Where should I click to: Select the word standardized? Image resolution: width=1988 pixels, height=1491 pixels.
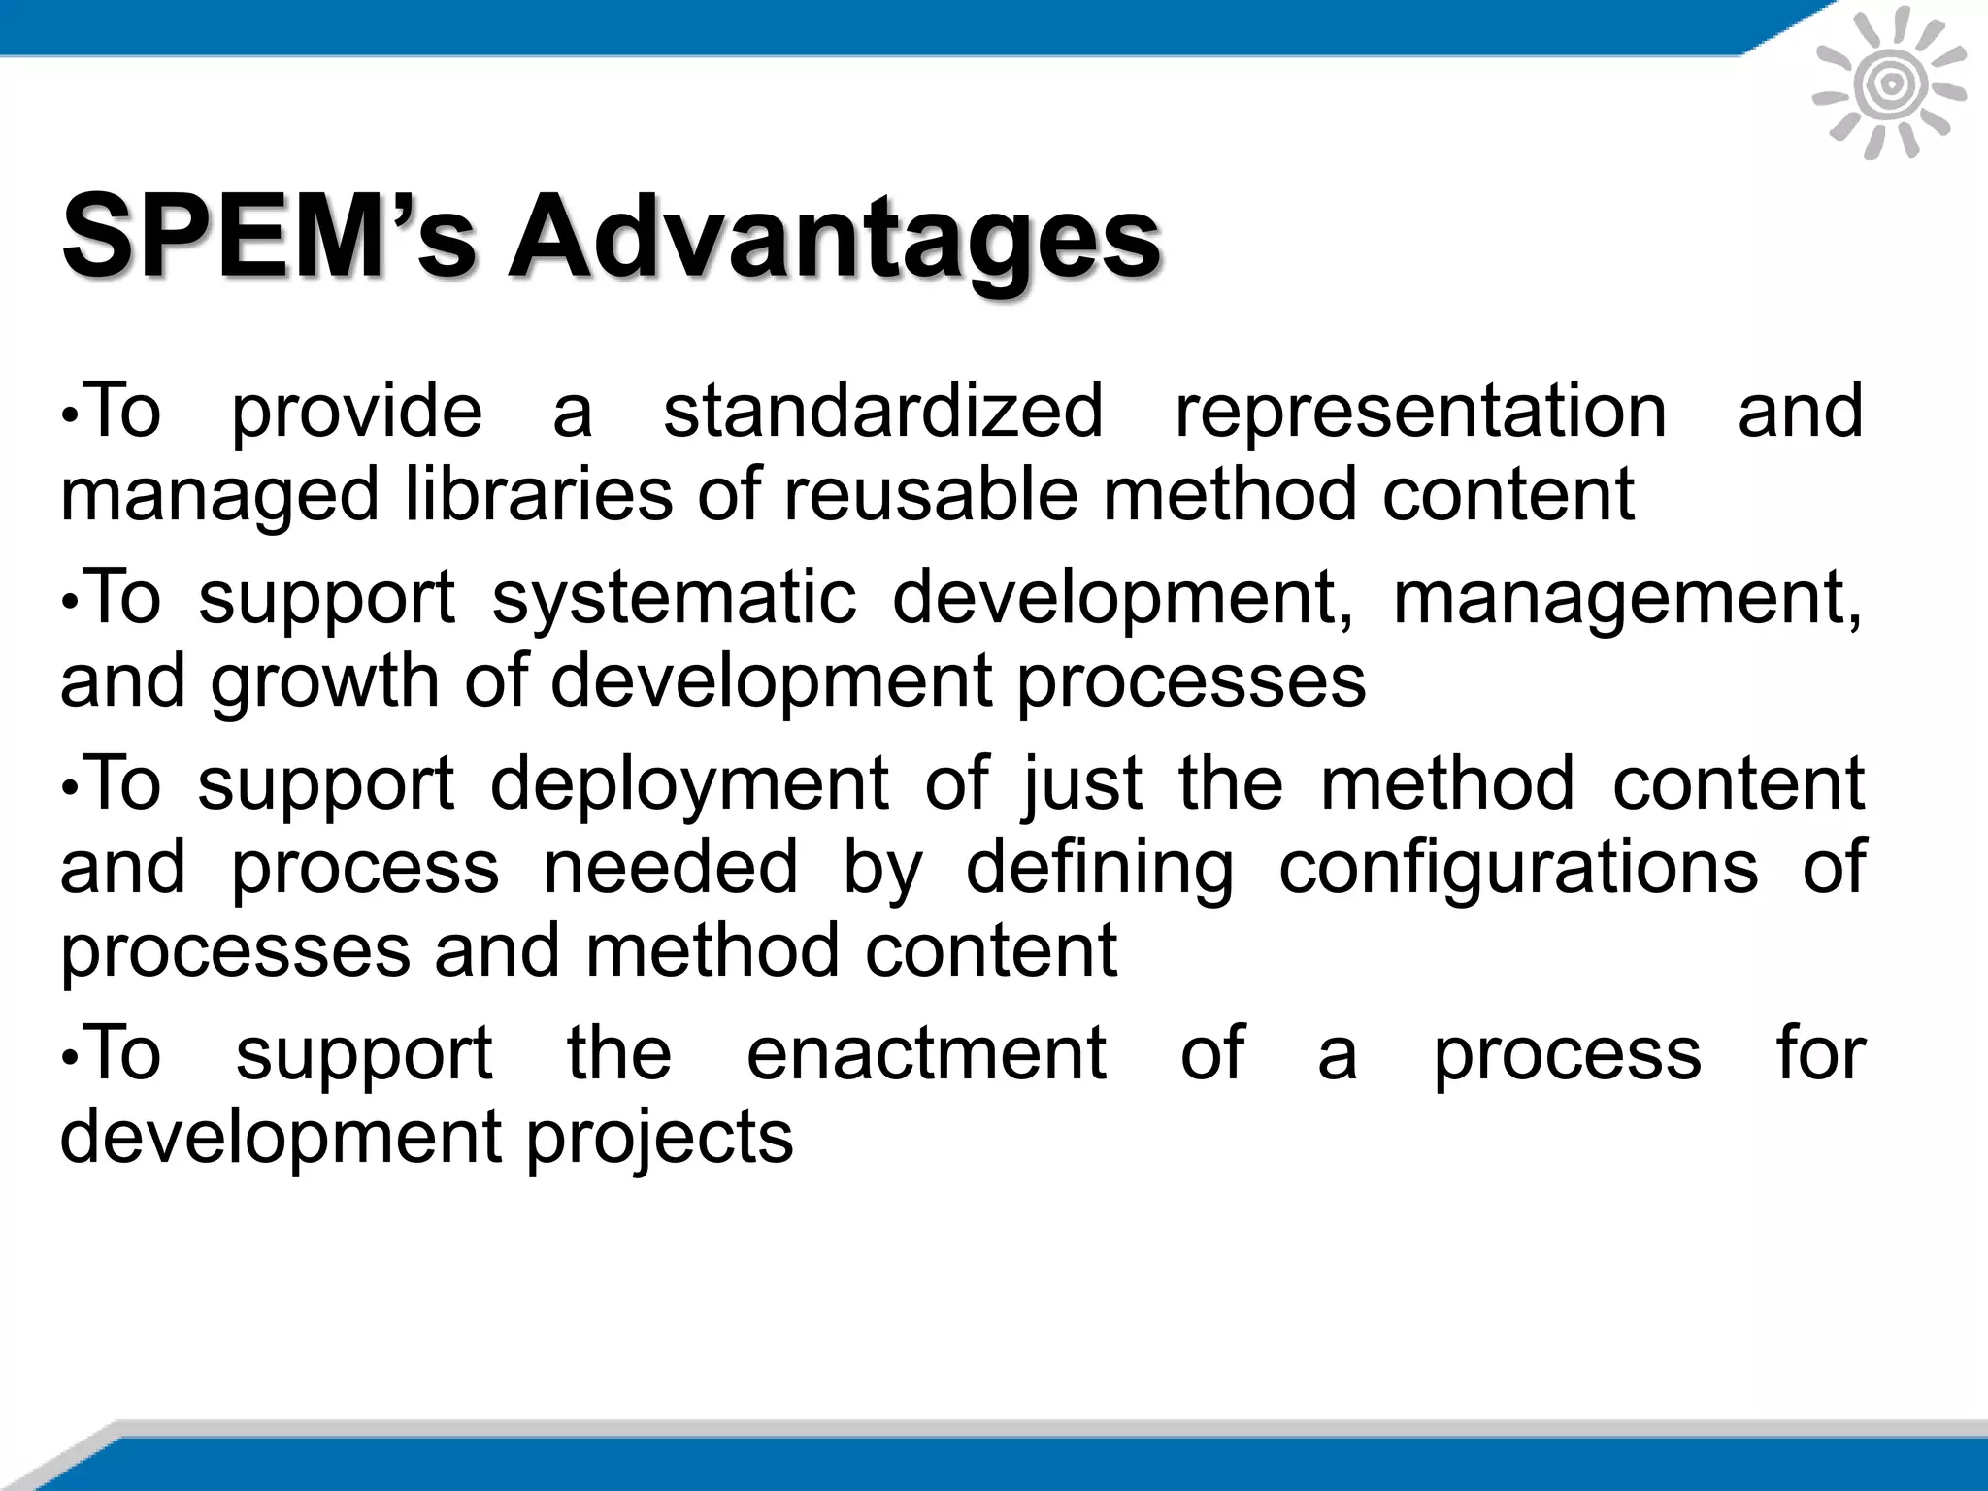pyautogui.click(x=883, y=411)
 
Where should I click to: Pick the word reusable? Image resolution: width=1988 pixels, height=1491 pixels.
pyautogui.click(x=932, y=494)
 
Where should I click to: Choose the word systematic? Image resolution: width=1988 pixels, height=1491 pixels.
pyautogui.click(x=675, y=598)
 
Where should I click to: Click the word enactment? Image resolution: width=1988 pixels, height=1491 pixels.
pyautogui.click(x=927, y=1053)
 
